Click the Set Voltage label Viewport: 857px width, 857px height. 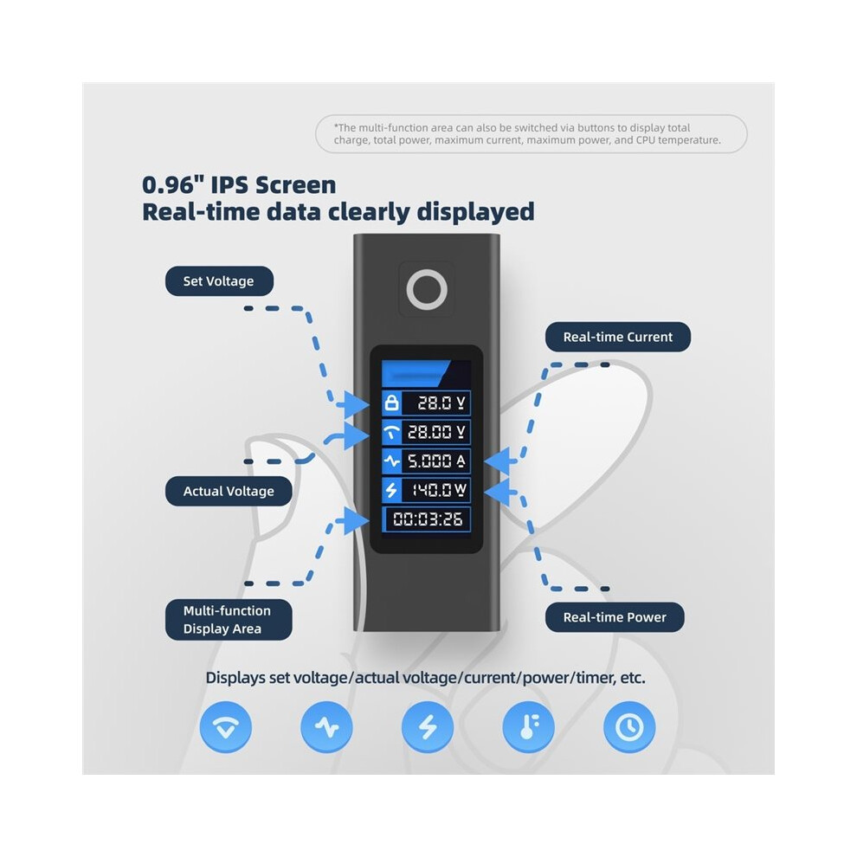219,281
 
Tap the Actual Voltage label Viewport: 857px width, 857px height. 229,491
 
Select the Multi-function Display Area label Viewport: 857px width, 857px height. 229,620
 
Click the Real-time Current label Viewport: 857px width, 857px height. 617,337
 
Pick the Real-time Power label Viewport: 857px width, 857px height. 615,617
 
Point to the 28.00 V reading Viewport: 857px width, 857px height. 436,432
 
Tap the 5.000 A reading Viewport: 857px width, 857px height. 436,461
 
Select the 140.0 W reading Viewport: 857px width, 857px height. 439,490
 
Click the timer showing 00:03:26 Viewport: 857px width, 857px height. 428,519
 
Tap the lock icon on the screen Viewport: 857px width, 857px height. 391,403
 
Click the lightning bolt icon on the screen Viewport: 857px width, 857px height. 391,490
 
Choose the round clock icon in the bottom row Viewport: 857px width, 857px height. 629,727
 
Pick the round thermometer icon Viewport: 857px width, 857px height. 529,727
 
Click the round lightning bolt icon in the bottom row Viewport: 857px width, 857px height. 428,727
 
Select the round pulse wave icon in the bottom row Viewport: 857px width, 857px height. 326,727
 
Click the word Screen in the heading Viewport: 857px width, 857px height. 296,184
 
